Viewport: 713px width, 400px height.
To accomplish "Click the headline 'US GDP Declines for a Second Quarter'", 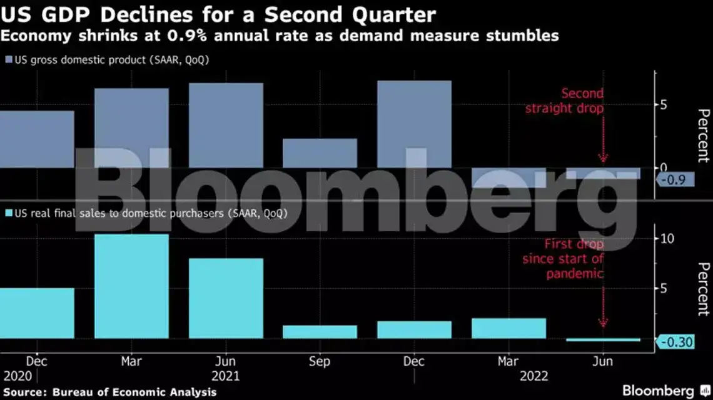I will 218,14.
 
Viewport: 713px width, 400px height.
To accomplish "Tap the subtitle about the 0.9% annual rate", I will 279,36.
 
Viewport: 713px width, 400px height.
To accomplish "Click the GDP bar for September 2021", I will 320,153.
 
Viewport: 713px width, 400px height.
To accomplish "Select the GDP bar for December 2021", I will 414,124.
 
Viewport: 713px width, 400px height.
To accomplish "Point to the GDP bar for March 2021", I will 131,128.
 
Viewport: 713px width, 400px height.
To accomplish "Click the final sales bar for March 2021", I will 131,286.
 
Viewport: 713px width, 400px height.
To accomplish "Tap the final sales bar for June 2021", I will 226,298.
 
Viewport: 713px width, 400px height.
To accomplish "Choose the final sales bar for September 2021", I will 320,332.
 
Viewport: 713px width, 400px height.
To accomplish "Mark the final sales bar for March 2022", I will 508,328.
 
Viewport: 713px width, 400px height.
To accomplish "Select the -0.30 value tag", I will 677,341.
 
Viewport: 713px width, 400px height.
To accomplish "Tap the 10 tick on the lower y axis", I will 667,239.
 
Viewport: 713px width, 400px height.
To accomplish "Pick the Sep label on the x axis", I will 320,361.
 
